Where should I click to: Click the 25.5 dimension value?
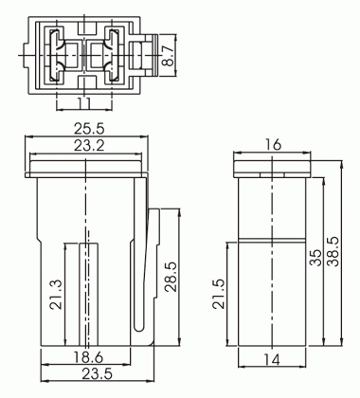coord(89,129)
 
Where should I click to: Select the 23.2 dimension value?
coord(89,146)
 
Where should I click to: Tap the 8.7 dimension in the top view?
coord(168,55)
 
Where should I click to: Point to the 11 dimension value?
coord(84,103)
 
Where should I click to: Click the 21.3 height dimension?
coord(57,295)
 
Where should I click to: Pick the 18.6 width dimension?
coord(89,357)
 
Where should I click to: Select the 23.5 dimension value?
coord(98,374)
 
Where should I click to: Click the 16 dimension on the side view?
coord(272,145)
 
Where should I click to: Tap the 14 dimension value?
coord(272,360)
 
